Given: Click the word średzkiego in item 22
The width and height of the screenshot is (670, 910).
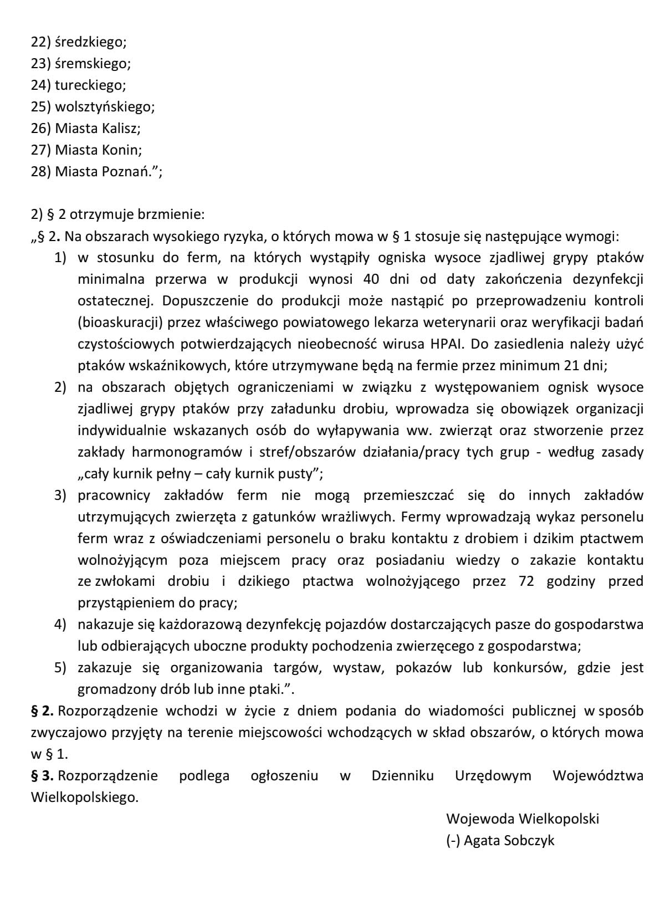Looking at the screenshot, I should (x=91, y=42).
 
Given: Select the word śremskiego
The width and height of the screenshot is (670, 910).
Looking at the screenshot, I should (x=93, y=64).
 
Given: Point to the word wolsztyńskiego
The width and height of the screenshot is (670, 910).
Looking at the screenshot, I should (x=105, y=106).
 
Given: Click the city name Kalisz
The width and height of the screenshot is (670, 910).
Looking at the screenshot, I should (x=121, y=128).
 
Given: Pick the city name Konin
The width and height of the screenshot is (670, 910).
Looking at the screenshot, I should (x=122, y=150).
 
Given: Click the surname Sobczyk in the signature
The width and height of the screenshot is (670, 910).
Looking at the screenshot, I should (x=529, y=840).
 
